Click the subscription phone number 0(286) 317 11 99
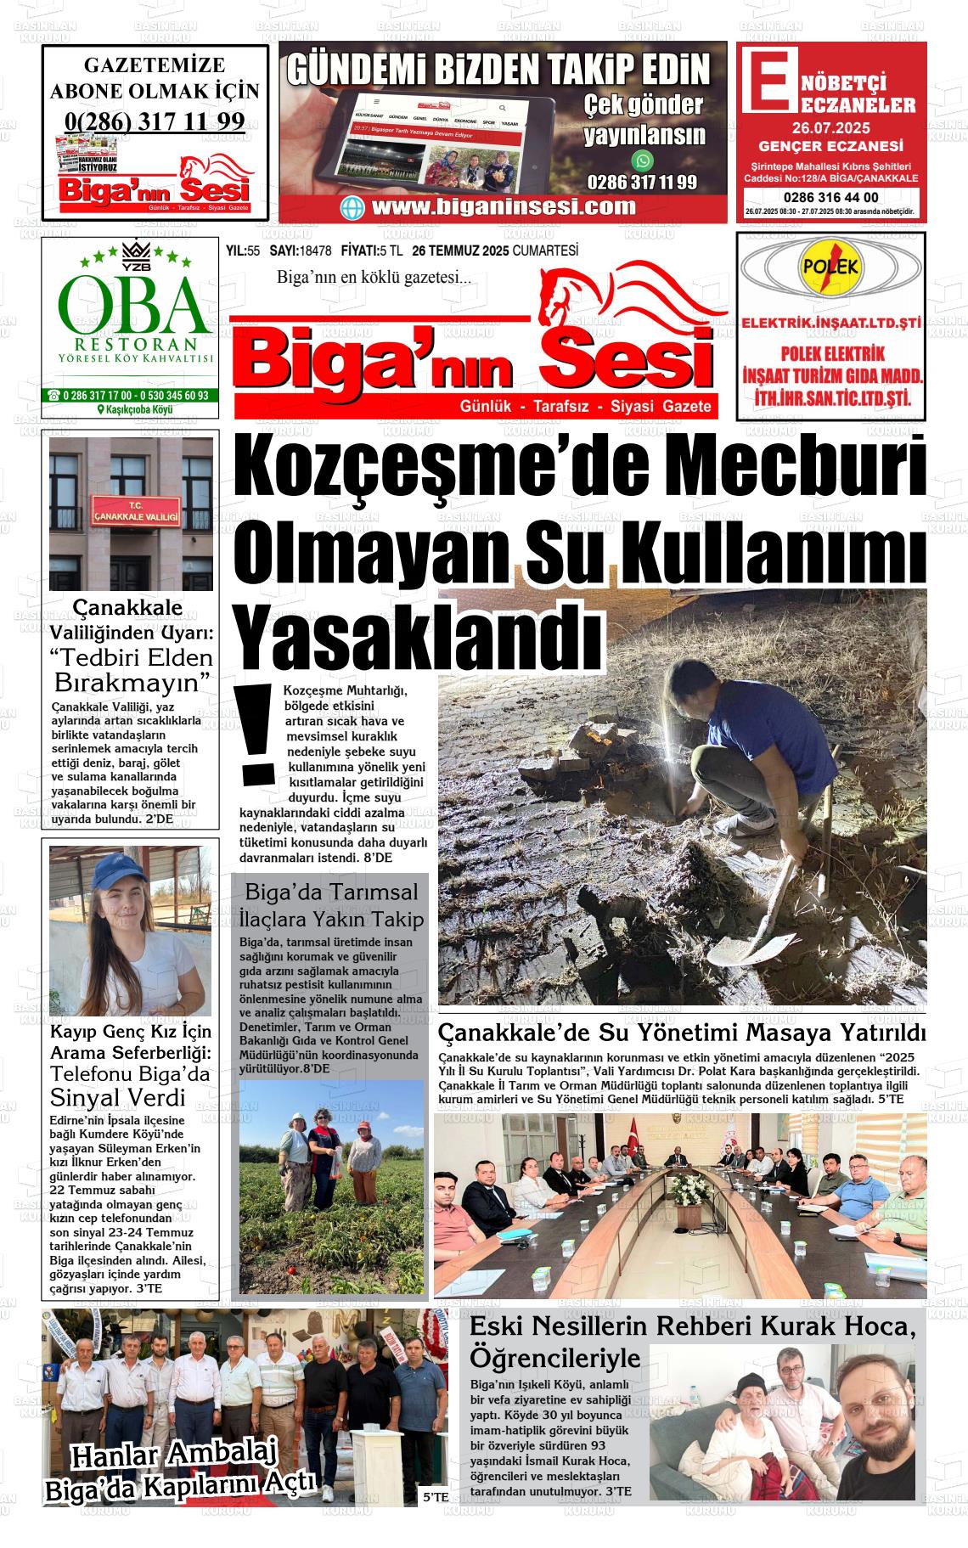pyautogui.click(x=154, y=121)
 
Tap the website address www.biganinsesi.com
pyautogui.click(x=504, y=206)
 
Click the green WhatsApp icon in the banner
pyautogui.click(x=643, y=160)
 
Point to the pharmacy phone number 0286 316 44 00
pyautogui.click(x=832, y=198)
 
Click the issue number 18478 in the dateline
pyautogui.click(x=315, y=250)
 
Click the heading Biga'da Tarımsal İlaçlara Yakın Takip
pyautogui.click(x=331, y=905)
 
